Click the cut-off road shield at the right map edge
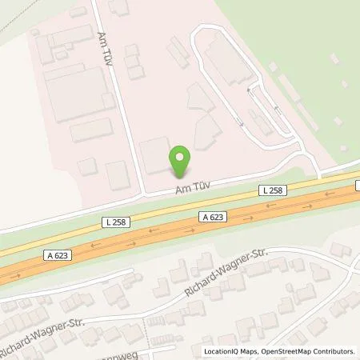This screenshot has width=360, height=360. pos(357,186)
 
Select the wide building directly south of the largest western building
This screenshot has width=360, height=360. pos(90,130)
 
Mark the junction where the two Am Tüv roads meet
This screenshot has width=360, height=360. pos(142,194)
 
